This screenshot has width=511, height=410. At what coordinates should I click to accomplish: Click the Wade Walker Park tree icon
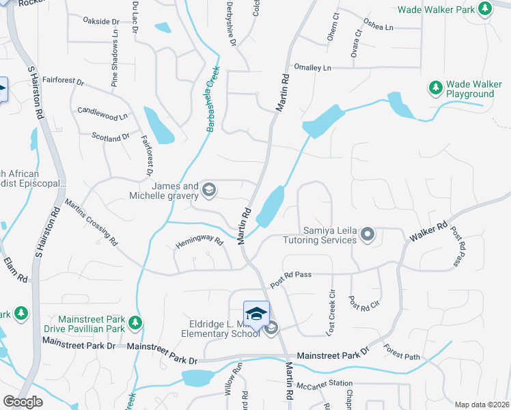485,8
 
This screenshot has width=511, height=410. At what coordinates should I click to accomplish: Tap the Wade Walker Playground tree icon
435,87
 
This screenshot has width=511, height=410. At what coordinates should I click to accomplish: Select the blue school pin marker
256,315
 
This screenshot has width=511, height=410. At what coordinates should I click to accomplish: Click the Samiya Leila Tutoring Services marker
368,234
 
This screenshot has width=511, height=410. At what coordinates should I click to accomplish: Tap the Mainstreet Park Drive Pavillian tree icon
135,322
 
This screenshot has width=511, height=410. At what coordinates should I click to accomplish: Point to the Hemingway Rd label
199,241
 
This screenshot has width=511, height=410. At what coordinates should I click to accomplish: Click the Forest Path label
402,355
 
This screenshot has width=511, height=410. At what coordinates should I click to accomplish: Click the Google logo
23,401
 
